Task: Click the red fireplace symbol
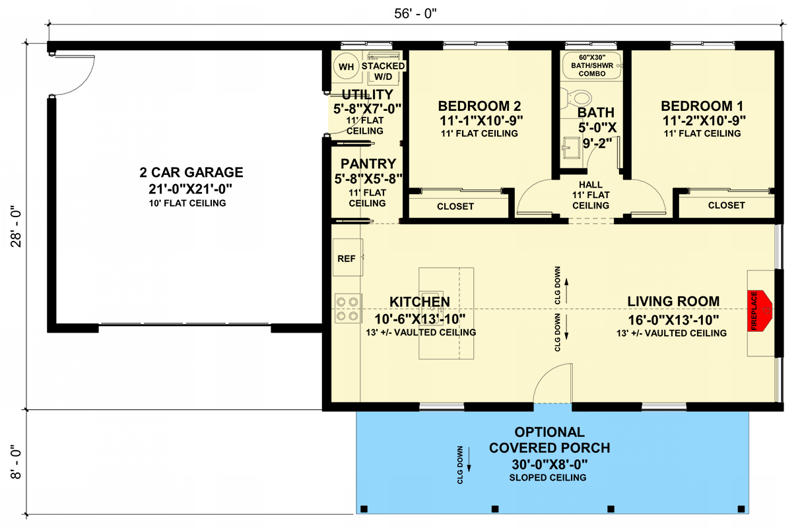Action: coord(760,310)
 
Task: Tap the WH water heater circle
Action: coord(346,67)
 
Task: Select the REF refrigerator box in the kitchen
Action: coord(347,258)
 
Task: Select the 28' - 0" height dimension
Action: coord(15,228)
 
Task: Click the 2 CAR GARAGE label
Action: coord(191,173)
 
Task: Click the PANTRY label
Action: coord(368,164)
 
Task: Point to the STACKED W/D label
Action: coord(383,72)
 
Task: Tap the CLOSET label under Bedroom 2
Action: coord(455,206)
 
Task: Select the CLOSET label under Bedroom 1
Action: coord(726,206)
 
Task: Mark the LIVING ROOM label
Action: coord(673,302)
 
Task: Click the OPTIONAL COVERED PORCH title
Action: coord(549,440)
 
